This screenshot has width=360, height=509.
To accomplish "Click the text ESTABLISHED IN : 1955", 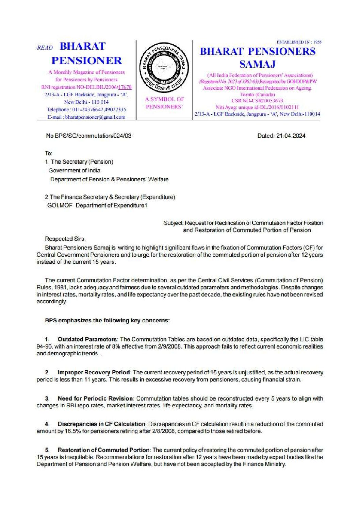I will (299, 42).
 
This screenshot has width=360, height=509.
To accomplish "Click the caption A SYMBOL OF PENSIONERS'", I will (165, 103).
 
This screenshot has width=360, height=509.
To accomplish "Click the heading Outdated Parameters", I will (87, 339).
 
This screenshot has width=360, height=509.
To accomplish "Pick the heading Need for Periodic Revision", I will (95, 398).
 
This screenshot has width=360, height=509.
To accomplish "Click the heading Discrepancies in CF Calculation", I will (101, 424).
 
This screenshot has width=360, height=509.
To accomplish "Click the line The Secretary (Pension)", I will (82, 162).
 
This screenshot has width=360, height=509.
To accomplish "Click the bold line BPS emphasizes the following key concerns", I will (107, 320).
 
